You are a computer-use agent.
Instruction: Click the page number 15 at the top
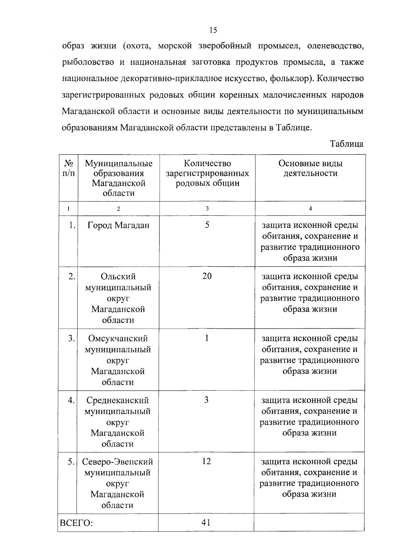pos(213,30)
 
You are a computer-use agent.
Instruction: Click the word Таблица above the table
pos(347,144)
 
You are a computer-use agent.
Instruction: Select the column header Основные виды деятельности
pos(310,168)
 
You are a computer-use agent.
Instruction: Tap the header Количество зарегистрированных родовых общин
pos(207,174)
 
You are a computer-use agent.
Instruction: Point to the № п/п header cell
pos(69,168)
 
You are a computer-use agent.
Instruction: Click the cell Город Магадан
pos(118,225)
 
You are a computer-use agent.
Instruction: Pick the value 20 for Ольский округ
pos(207,276)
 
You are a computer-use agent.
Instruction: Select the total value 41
pos(206,523)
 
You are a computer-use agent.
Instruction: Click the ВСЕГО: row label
pos(77,523)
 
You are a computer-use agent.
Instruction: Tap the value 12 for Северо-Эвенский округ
pos(206,461)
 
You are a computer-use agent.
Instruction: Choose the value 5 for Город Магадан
pos(207,225)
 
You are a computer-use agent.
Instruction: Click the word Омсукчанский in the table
pos(118,339)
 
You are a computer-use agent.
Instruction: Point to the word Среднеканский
pos(118,400)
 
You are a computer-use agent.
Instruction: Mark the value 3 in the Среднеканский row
pos(206,400)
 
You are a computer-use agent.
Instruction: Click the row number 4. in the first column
pos(71,400)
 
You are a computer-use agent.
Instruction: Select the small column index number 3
pos(207,209)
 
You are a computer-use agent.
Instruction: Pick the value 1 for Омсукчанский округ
pos(207,338)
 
